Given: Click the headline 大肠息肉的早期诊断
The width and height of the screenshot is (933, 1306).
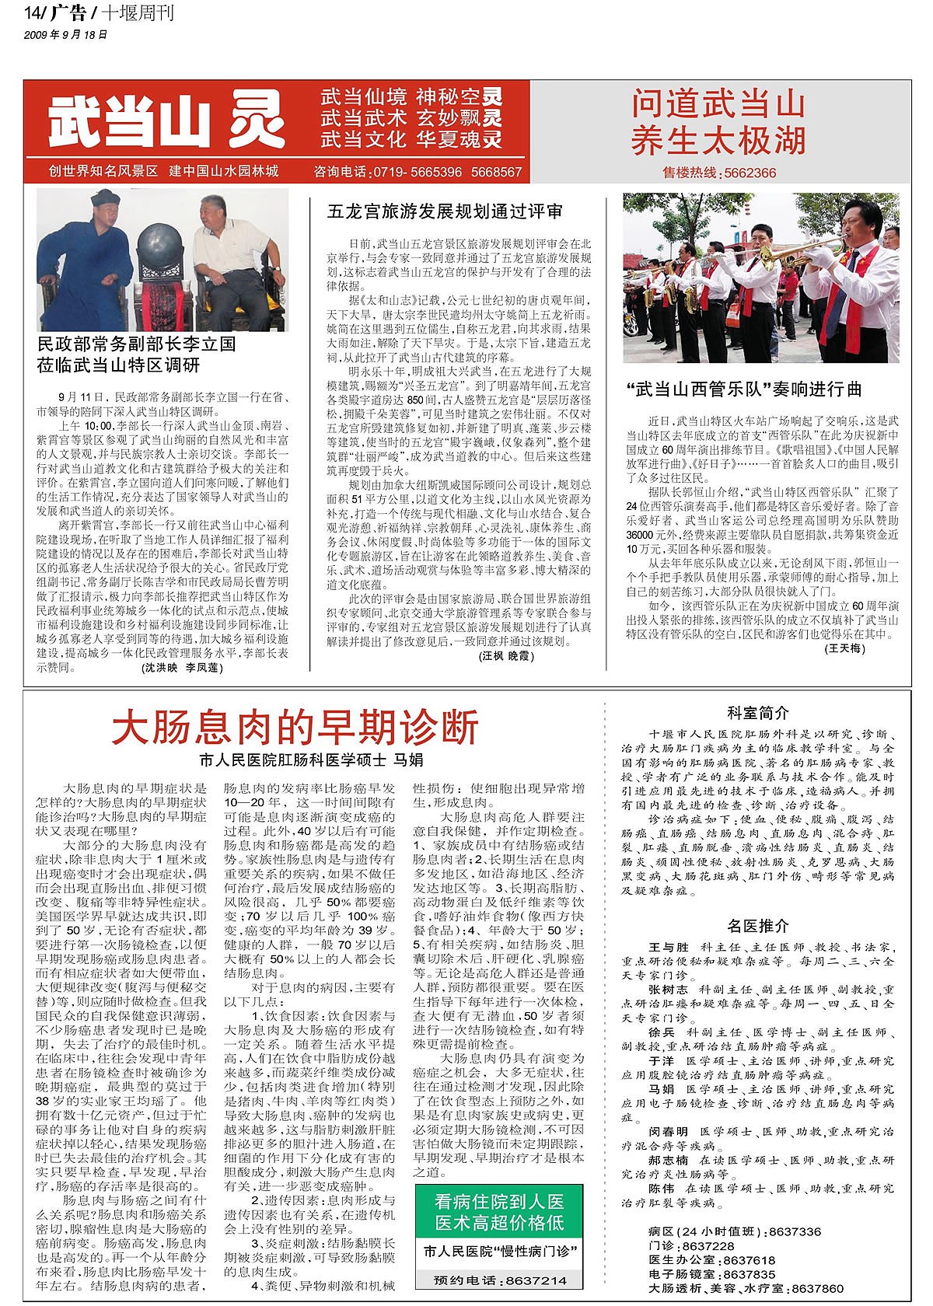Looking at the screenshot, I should point(295,728).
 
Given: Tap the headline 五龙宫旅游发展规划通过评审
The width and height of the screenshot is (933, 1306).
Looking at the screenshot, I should point(446,211).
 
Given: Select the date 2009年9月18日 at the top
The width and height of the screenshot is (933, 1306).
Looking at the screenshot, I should point(66,35).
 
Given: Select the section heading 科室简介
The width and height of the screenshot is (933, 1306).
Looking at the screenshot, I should point(758,713).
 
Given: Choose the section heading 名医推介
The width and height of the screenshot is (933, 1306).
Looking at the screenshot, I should point(758,926).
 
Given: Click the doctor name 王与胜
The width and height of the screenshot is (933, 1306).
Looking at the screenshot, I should point(669,948).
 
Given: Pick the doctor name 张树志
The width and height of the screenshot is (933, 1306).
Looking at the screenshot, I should point(669,990).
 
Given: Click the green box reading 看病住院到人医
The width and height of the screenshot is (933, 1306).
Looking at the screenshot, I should point(499,1202).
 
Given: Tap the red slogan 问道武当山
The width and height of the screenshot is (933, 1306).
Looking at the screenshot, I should point(718,104).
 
